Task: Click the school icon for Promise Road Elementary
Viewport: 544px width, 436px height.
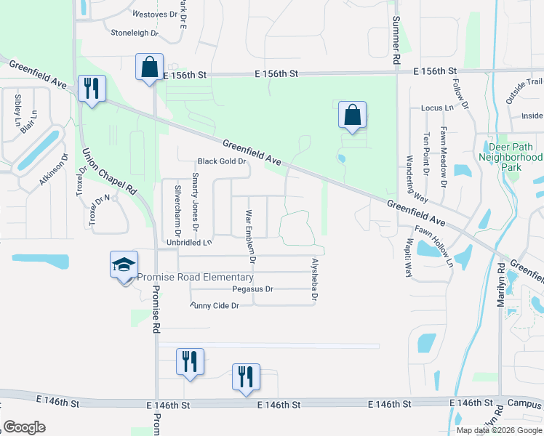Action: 124,265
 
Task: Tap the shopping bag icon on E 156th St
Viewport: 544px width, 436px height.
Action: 149,68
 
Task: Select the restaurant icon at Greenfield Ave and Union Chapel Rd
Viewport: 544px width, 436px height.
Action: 92,89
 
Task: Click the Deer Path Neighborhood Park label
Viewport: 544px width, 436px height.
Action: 511,157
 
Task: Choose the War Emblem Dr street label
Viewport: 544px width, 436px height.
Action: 250,237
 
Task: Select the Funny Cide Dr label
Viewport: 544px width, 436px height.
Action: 215,306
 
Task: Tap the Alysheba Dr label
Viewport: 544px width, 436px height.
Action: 315,279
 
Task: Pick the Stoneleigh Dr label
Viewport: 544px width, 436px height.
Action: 134,33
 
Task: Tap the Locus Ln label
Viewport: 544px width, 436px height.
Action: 437,108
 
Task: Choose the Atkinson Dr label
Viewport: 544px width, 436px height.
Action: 54,169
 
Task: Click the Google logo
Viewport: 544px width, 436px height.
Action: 24,427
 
